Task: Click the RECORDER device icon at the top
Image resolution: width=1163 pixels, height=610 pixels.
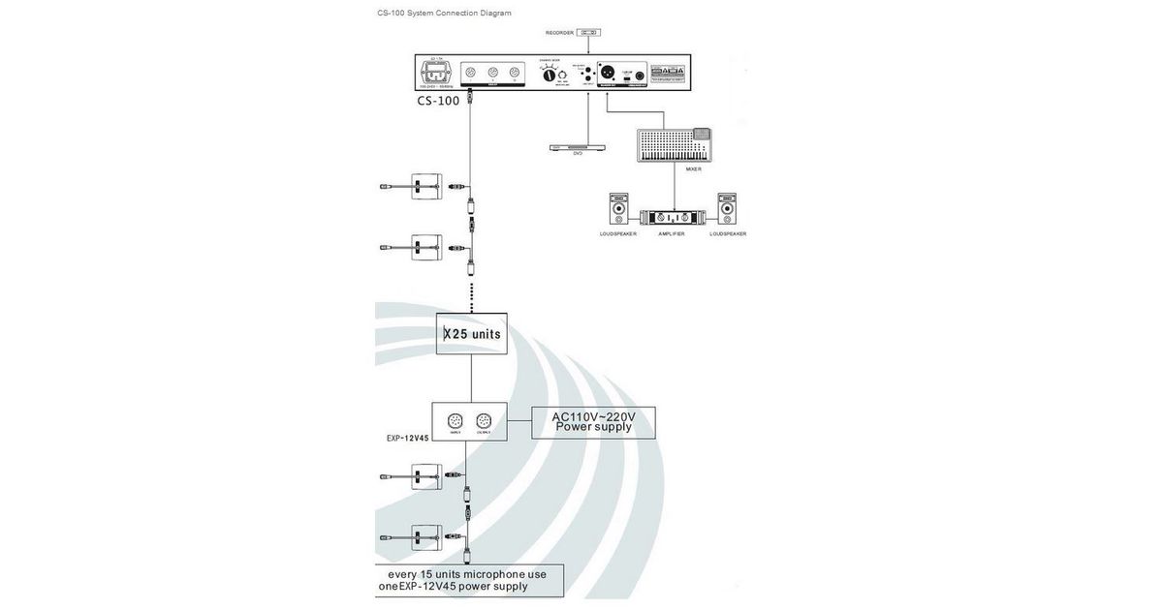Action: click(x=586, y=33)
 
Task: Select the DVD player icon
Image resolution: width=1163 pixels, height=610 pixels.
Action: click(x=579, y=147)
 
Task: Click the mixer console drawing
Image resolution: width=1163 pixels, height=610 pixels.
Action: click(x=675, y=145)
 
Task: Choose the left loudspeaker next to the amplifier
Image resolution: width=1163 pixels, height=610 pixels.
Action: click(x=618, y=210)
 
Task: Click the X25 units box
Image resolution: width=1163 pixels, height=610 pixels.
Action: click(x=471, y=334)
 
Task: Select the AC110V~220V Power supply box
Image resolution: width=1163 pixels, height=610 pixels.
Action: click(x=594, y=423)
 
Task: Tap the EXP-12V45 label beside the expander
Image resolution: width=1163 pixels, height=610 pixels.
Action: click(x=408, y=438)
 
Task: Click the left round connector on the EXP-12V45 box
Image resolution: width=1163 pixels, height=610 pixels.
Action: click(x=456, y=421)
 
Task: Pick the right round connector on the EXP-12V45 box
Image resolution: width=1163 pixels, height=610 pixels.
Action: click(x=484, y=421)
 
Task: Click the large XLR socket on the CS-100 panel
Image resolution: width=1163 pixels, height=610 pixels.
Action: click(x=600, y=73)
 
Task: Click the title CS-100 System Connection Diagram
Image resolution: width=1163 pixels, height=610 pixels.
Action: click(x=444, y=14)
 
